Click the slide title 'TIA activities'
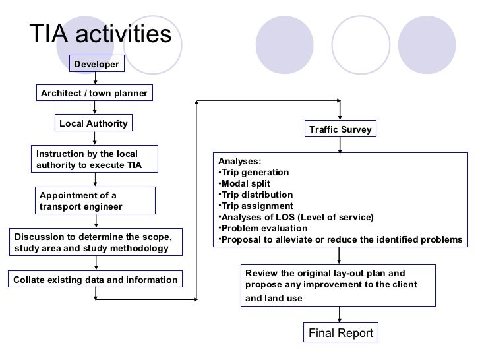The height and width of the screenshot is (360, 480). pos(100,34)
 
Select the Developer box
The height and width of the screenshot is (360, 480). pos(96,64)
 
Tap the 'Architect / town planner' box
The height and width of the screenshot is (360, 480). pos(94,94)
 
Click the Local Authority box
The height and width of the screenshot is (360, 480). pos(93,123)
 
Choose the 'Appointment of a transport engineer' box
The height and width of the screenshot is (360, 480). pos(94,201)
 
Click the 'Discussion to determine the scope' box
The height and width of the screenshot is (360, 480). pos(95,243)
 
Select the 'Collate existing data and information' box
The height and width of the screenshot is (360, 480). pos(96,280)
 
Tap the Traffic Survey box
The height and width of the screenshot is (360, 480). pos(340,130)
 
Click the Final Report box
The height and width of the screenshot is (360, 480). pos(340,333)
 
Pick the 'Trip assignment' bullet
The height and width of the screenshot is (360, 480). pos(255,206)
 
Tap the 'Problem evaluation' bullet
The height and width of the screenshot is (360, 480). pos(260,228)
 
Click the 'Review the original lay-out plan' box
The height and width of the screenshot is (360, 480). pos(340,285)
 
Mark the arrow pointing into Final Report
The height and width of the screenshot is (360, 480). pos(340,315)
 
